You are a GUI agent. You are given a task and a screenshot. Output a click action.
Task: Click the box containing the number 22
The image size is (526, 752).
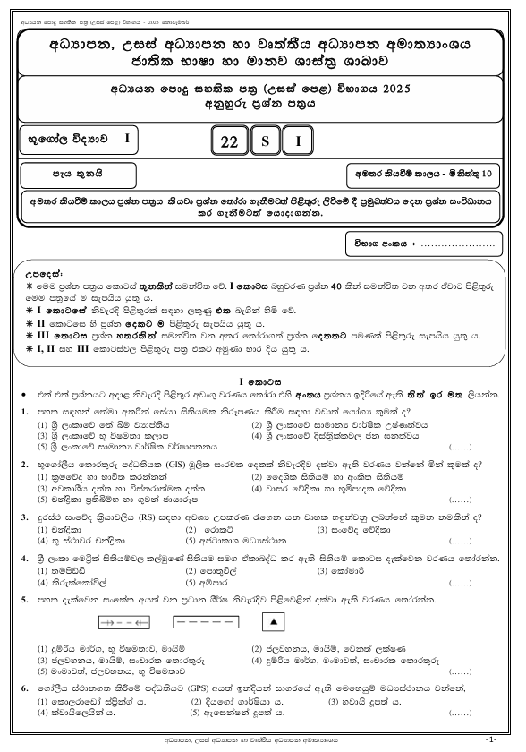tap(230, 141)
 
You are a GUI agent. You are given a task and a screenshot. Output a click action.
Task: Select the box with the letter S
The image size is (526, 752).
tap(265, 141)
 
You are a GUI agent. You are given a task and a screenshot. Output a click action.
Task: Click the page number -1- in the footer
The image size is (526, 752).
tap(489, 739)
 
